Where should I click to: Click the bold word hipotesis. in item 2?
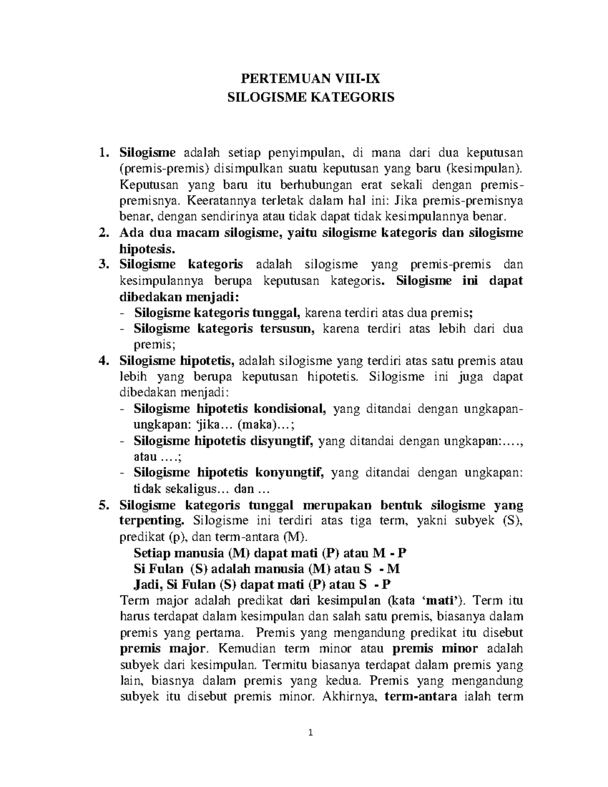tap(147, 248)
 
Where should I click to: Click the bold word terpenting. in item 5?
tap(152, 521)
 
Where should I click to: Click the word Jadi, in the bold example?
tap(148, 585)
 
